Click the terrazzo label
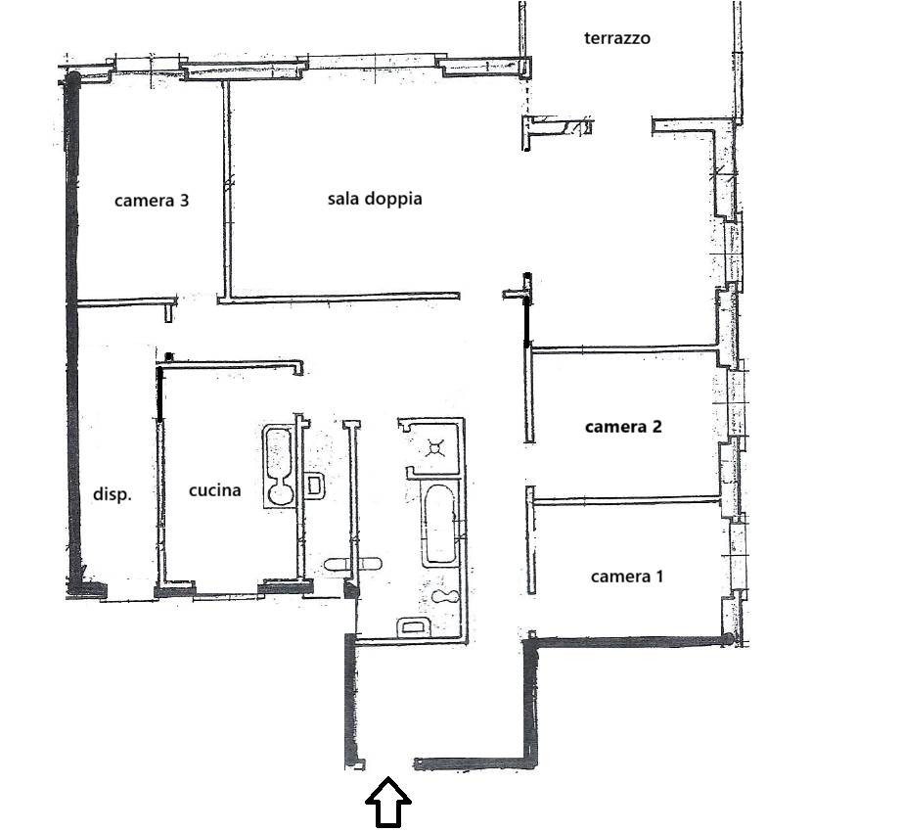pyautogui.click(x=616, y=38)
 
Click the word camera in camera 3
pyautogui.click(x=144, y=201)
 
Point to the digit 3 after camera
pyautogui.click(x=184, y=200)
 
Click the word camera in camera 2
pyautogui.click(x=615, y=427)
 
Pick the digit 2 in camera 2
pyautogui.click(x=656, y=427)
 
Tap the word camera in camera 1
pyautogui.click(x=621, y=577)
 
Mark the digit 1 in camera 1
pyautogui.click(x=659, y=576)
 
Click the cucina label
pyautogui.click(x=215, y=490)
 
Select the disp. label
pyautogui.click(x=113, y=494)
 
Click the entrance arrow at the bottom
pyautogui.click(x=388, y=802)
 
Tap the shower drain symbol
pyautogui.click(x=434, y=447)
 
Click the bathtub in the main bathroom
pyautogui.click(x=440, y=525)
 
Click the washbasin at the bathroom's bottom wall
pyautogui.click(x=413, y=625)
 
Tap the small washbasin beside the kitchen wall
pyautogui.click(x=314, y=485)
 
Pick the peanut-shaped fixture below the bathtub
pyautogui.click(x=445, y=597)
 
